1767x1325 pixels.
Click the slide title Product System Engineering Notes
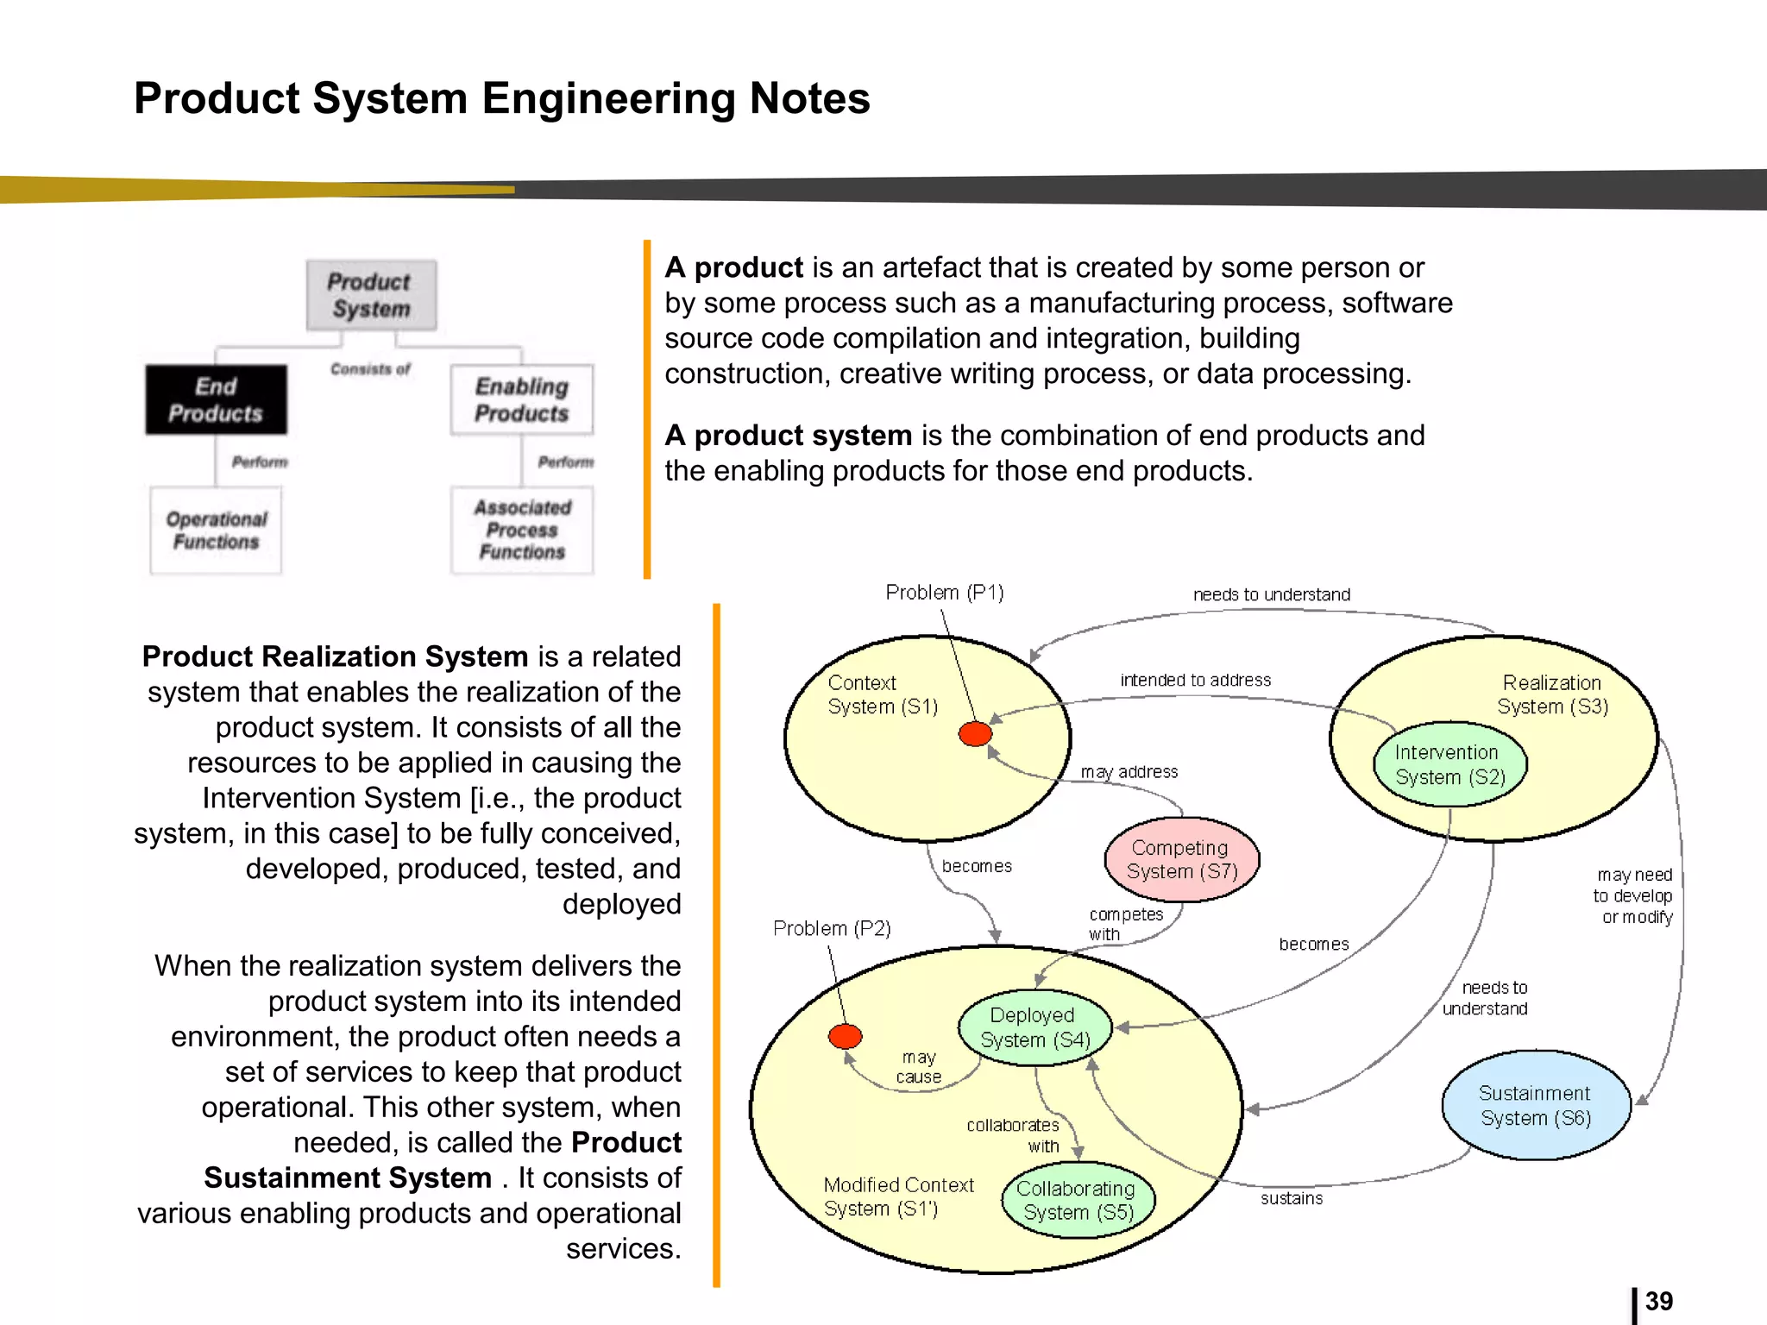coord(501,98)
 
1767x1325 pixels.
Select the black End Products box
coord(216,399)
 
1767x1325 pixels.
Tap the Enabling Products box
coord(521,399)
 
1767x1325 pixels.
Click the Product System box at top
coord(371,295)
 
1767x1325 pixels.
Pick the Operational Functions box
coord(216,530)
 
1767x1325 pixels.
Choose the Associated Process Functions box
coord(521,530)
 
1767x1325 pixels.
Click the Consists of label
coord(370,369)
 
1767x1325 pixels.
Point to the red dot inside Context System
coord(975,734)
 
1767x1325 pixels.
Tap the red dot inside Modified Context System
coord(845,1036)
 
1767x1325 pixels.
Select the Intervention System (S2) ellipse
coord(1449,764)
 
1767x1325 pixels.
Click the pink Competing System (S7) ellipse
coord(1181,859)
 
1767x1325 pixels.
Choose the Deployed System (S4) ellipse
coord(1034,1027)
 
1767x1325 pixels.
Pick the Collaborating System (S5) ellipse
coord(1078,1200)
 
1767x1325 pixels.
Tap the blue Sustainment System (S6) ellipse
coord(1535,1105)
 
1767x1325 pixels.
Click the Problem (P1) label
coord(944,593)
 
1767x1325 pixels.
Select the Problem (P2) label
coord(832,928)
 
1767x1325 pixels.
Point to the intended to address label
coord(1195,680)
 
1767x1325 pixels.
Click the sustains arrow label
coord(1291,1198)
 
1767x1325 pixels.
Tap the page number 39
coord(1658,1301)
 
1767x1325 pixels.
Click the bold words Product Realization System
coord(335,656)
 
